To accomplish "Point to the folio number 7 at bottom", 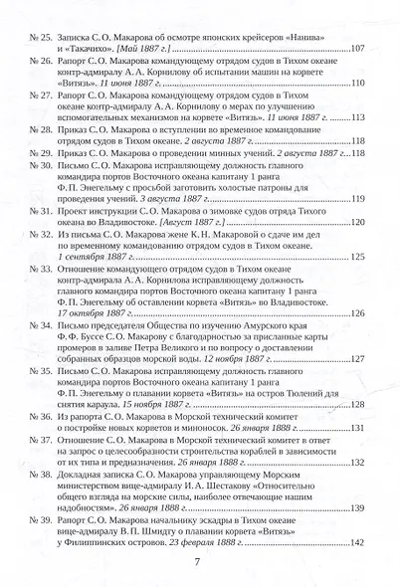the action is pos(200,563).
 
